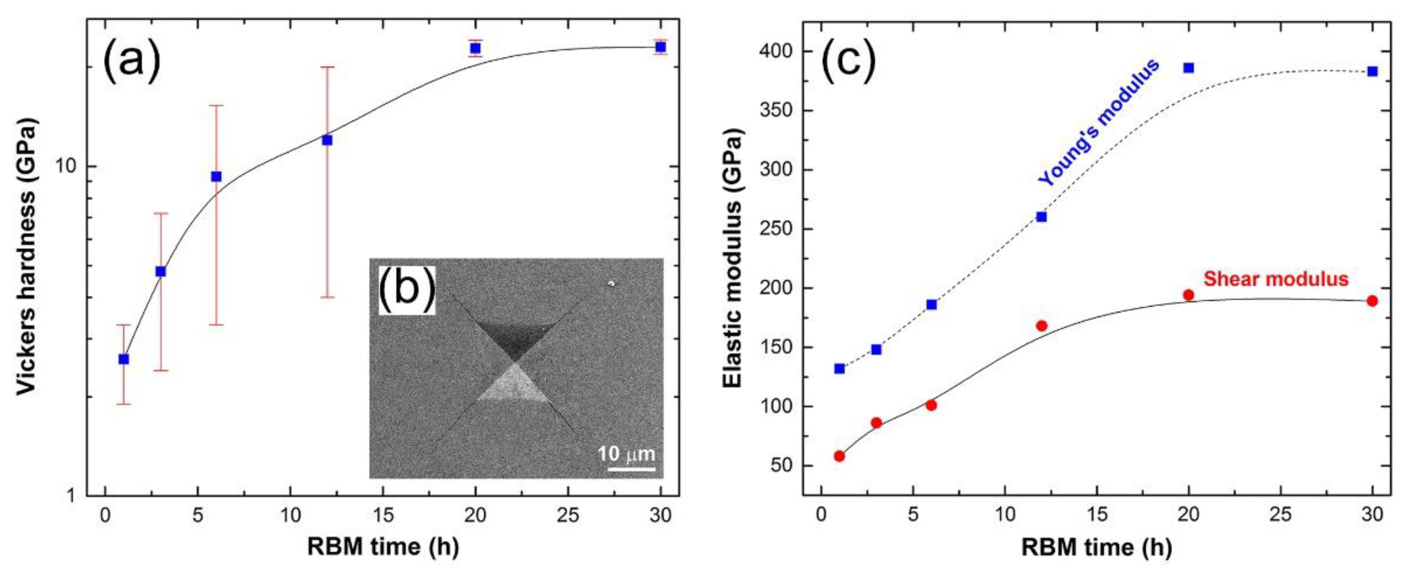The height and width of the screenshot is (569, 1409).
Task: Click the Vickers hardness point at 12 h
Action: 327,140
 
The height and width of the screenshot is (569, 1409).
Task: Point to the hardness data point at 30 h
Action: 660,47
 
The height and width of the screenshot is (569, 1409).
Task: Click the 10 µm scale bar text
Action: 626,454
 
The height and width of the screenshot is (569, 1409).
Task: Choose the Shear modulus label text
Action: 1276,279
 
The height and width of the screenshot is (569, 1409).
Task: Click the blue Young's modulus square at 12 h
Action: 1041,217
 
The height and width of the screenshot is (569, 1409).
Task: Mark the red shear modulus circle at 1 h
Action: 840,456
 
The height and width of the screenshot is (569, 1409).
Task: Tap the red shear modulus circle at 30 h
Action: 1372,301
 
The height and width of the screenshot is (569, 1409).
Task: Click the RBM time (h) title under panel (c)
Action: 1097,547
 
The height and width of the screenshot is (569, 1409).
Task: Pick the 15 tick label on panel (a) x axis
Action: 383,515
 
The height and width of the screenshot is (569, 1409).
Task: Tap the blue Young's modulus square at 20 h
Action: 1188,68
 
